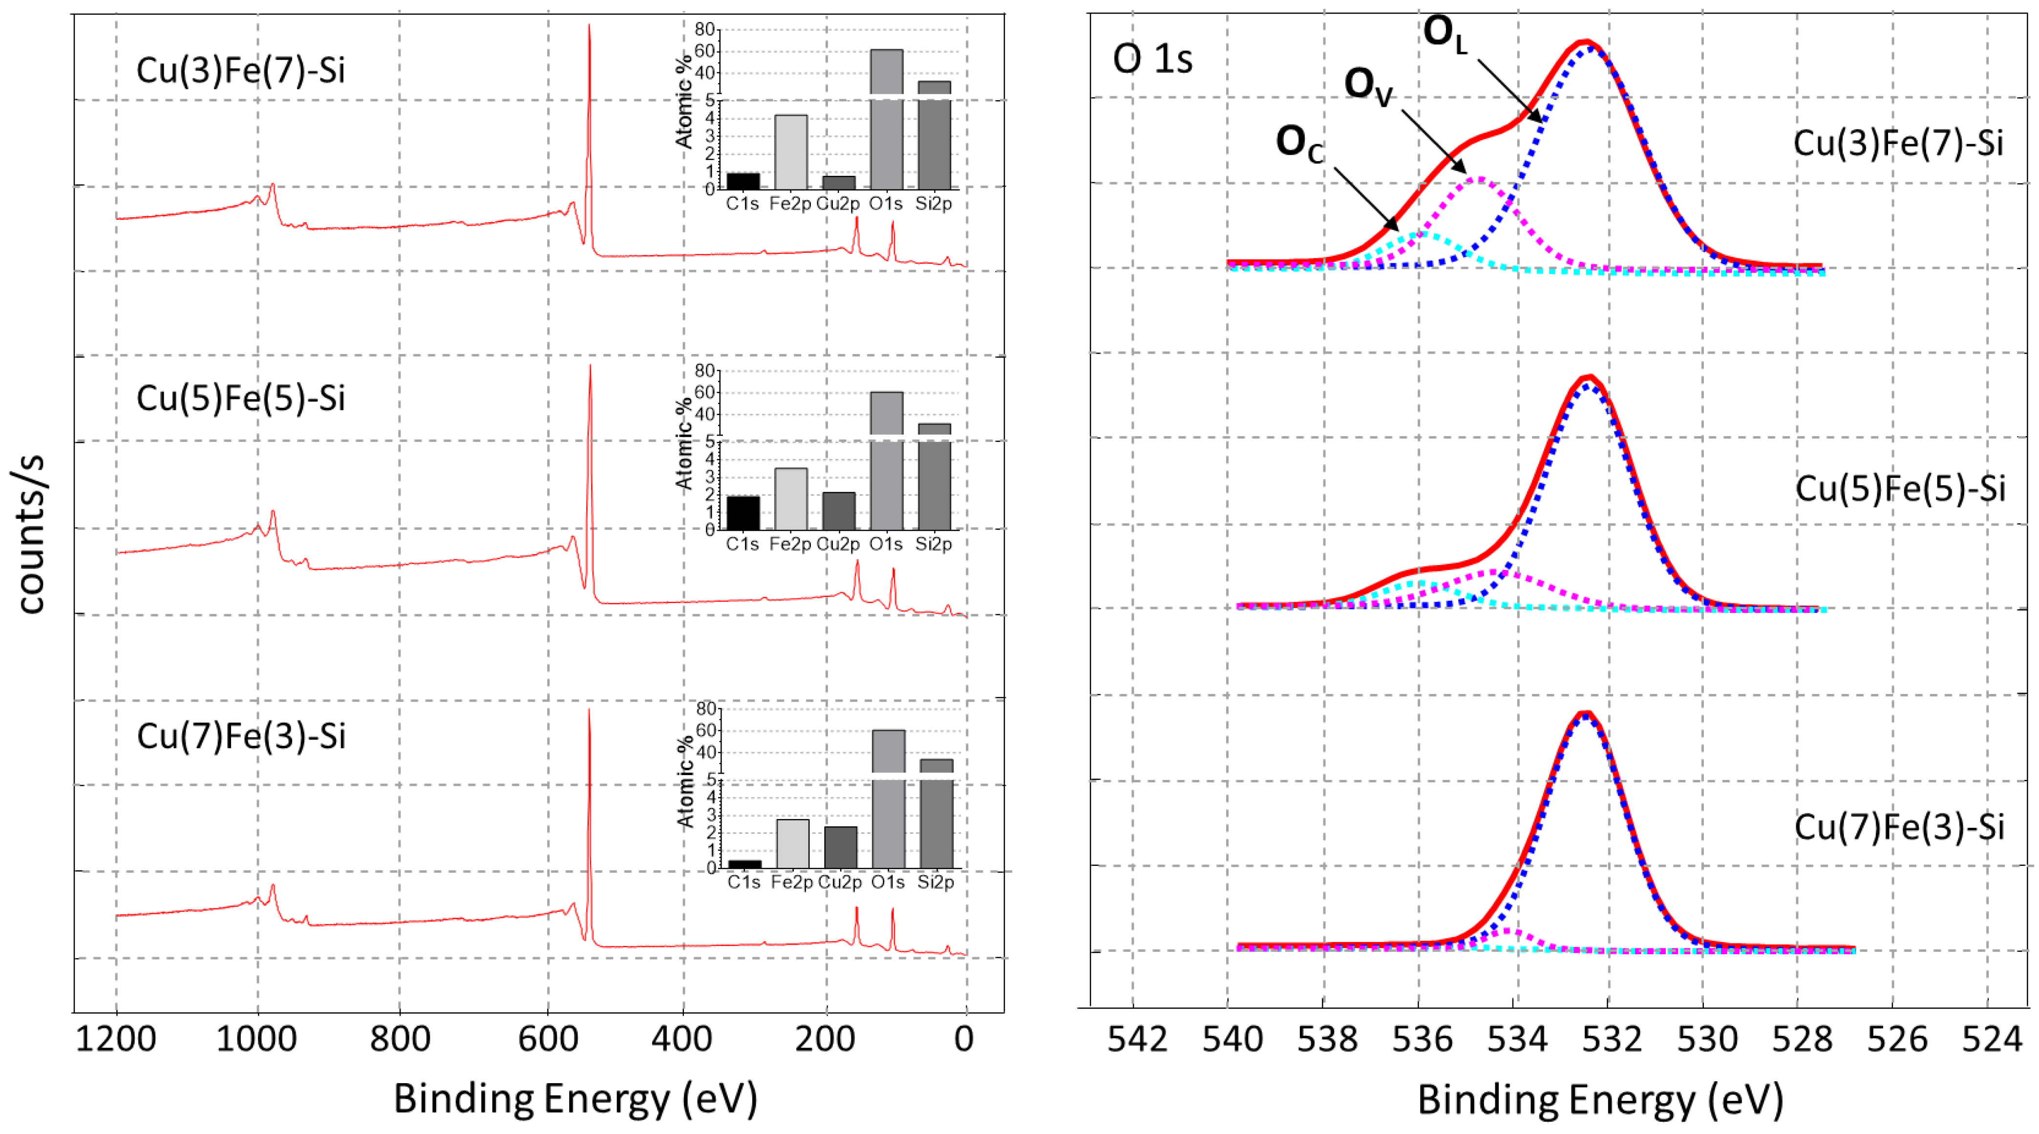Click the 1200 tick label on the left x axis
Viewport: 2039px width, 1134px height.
[x=116, y=1038]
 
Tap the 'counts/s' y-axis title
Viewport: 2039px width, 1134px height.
[x=30, y=534]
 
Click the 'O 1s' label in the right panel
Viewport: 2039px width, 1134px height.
[x=1152, y=59]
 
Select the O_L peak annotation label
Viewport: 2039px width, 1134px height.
[x=1444, y=35]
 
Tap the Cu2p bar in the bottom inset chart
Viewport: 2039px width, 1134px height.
[x=840, y=847]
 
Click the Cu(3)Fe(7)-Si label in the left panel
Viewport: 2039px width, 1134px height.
[x=241, y=70]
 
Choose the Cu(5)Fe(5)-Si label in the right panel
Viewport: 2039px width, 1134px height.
[x=1900, y=488]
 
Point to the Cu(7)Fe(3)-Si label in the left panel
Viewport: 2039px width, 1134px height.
[x=241, y=736]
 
